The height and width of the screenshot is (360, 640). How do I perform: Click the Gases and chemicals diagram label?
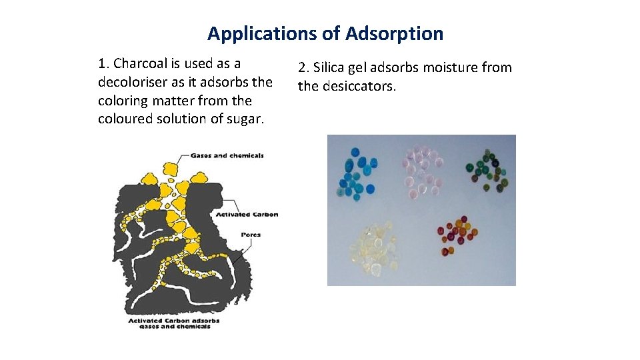[227, 156]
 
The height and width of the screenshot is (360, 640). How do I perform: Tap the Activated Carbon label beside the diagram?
[247, 215]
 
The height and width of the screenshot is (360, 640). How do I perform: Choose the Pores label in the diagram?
[251, 235]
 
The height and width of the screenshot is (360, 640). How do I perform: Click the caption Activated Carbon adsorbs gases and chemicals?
[173, 323]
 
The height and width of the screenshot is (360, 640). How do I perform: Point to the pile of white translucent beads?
[375, 249]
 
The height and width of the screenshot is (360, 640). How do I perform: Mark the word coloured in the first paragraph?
[125, 119]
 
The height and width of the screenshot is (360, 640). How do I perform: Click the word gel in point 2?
[364, 67]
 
